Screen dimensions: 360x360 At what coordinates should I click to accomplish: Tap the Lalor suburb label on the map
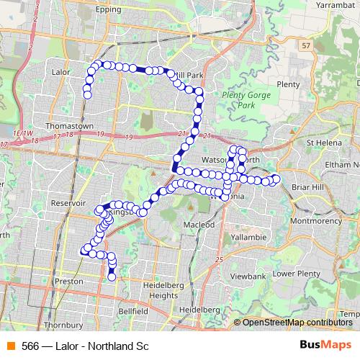tap(63, 72)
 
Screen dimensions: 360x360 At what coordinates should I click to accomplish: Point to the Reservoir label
tap(69, 204)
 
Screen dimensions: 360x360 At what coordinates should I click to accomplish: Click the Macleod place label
tap(201, 225)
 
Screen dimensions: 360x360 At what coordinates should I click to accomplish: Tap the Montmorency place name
tap(320, 220)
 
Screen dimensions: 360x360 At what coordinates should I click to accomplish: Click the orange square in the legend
tap(12, 346)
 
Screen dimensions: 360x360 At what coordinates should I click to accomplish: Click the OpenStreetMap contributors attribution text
tap(296, 322)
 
